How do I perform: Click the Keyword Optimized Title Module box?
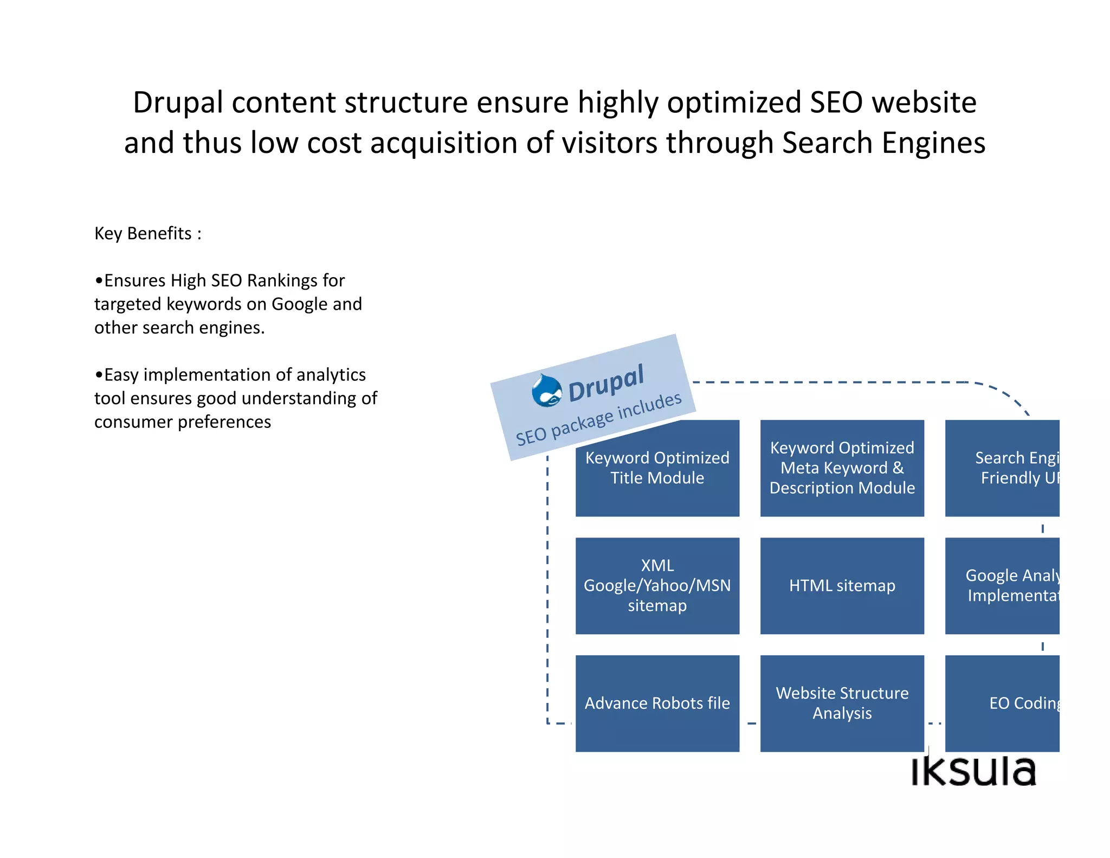click(x=657, y=477)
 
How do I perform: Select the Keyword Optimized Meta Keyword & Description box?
click(x=842, y=468)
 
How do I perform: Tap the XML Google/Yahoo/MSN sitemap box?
click(x=657, y=585)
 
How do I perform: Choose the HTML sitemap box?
click(x=842, y=585)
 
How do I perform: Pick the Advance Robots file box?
click(x=657, y=703)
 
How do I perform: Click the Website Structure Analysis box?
click(x=842, y=703)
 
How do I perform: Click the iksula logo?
click(x=973, y=770)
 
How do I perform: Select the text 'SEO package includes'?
click(x=598, y=419)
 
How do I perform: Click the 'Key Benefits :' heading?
click(x=148, y=233)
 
